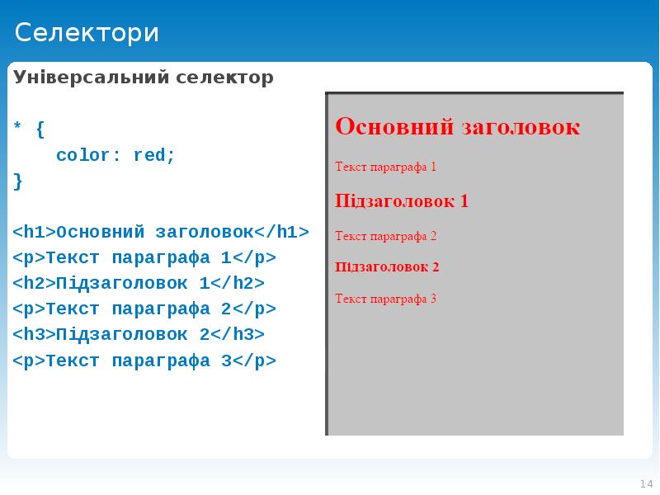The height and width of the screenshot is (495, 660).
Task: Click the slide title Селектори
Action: pyautogui.click(x=87, y=33)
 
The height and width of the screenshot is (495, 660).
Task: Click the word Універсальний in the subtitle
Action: pyautogui.click(x=90, y=78)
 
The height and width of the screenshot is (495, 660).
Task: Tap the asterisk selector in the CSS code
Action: pyautogui.click(x=18, y=130)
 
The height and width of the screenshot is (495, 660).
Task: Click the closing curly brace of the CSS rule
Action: pyautogui.click(x=18, y=181)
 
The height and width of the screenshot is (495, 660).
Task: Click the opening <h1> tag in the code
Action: pyautogui.click(x=34, y=232)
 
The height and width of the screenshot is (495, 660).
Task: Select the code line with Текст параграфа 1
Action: pyautogui.click(x=144, y=257)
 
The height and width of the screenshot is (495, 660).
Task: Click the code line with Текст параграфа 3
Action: pyautogui.click(x=144, y=361)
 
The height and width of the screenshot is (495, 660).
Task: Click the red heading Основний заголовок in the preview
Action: pyautogui.click(x=457, y=127)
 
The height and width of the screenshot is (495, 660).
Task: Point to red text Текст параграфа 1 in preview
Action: pyautogui.click(x=385, y=167)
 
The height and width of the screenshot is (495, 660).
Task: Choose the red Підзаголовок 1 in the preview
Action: pyautogui.click(x=402, y=200)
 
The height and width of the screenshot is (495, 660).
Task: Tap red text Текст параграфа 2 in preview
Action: pyautogui.click(x=385, y=236)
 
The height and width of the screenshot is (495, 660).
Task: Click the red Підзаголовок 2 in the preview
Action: pyautogui.click(x=387, y=266)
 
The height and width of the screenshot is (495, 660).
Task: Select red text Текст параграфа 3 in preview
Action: pyautogui.click(x=385, y=299)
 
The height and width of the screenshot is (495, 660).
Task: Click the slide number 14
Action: pyautogui.click(x=645, y=483)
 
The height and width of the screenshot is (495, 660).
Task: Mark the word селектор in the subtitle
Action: pyautogui.click(x=224, y=78)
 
